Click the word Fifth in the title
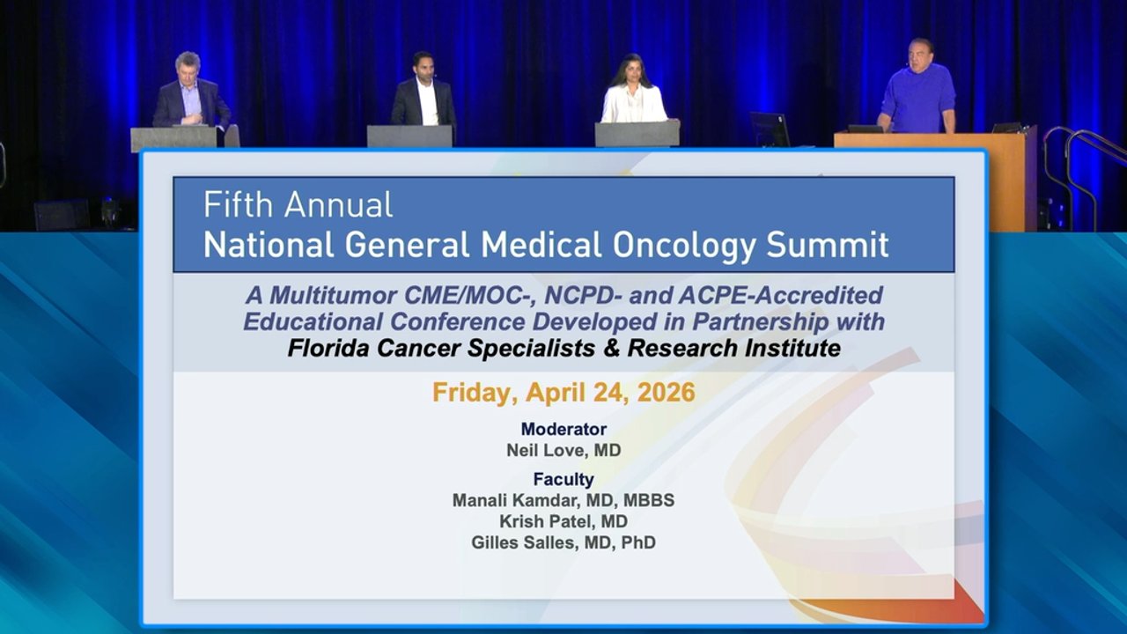pyautogui.click(x=238, y=204)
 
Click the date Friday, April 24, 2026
pyautogui.click(x=563, y=393)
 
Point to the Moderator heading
pyautogui.click(x=563, y=429)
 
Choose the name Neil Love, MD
pyautogui.click(x=563, y=450)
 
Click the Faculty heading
pyautogui.click(x=563, y=479)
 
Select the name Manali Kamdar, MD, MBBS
pyautogui.click(x=563, y=500)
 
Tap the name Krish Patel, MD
pyautogui.click(x=563, y=521)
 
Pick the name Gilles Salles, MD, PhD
pyautogui.click(x=563, y=542)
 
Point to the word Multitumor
pyautogui.click(x=334, y=295)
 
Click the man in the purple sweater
pyautogui.click(x=917, y=86)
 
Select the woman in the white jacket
pyautogui.click(x=633, y=91)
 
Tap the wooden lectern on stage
pyautogui.click(x=935, y=179)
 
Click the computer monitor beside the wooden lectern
pyautogui.click(x=770, y=129)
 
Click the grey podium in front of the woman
pyautogui.click(x=637, y=134)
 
